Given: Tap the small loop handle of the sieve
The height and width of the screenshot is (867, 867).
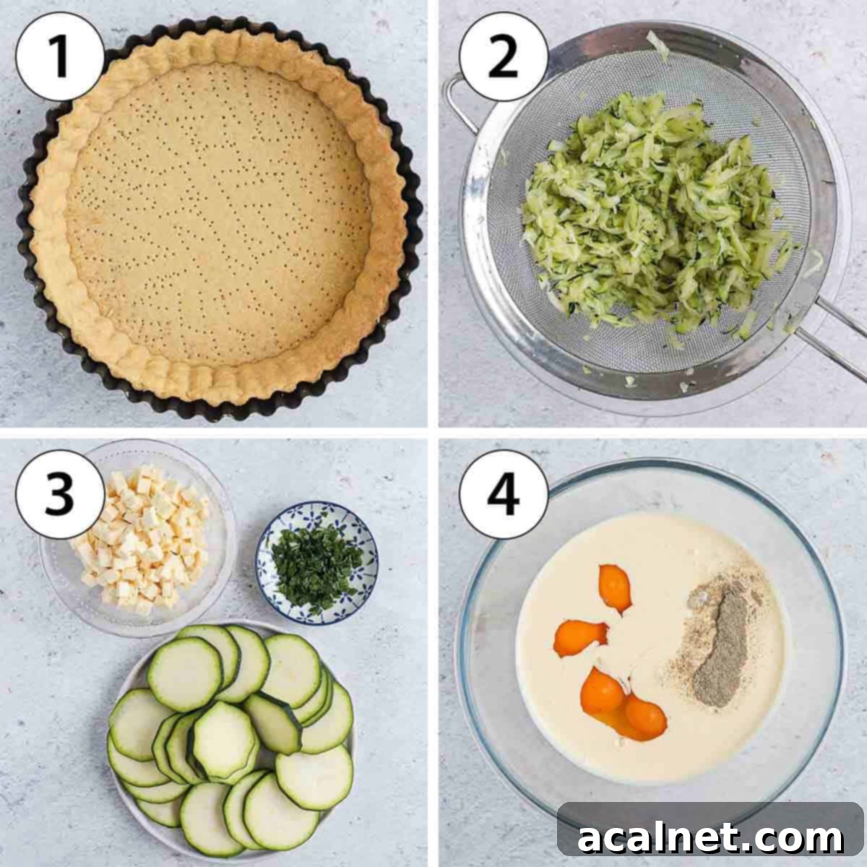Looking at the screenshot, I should pos(455,101).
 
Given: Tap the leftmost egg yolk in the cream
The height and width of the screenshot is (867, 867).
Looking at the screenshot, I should pos(578,636).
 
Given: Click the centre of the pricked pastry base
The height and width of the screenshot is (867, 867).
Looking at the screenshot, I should pos(217,217).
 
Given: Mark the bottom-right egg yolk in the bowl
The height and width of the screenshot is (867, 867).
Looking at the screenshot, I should pos(645,715).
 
